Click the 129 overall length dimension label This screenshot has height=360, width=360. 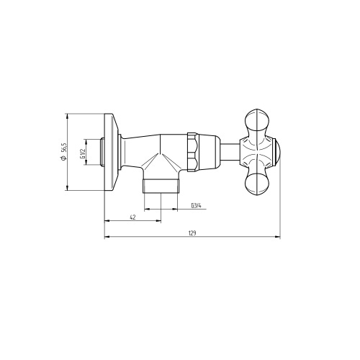(x=192, y=233)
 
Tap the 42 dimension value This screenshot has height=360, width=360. (x=132, y=217)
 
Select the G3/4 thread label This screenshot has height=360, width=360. (x=196, y=206)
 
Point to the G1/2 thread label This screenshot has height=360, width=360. (x=83, y=153)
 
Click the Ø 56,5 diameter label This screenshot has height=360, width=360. (x=63, y=151)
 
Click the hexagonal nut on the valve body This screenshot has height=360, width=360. (x=193, y=153)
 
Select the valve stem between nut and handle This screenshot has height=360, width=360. (x=230, y=153)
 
